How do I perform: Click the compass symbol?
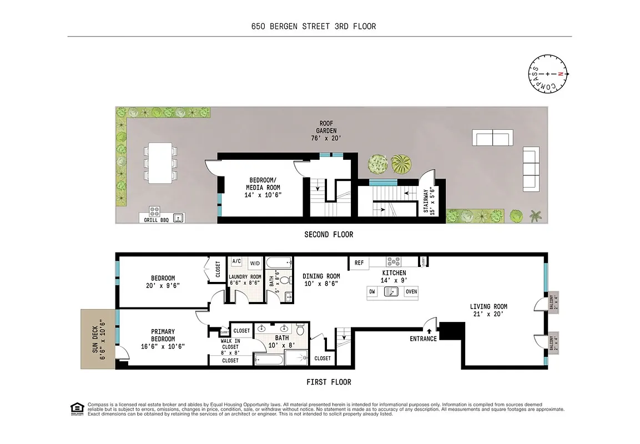(x=548, y=74)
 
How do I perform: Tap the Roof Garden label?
(x=325, y=129)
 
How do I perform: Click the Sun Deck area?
(x=98, y=339)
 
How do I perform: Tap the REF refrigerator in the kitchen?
(x=359, y=263)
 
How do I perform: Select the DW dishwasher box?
(x=373, y=292)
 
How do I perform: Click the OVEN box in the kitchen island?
(x=411, y=292)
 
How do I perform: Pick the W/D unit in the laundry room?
(x=255, y=263)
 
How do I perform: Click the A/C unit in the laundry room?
(x=236, y=261)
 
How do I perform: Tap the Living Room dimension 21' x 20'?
(x=488, y=314)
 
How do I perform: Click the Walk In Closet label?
(x=230, y=347)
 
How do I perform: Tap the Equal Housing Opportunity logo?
(x=75, y=408)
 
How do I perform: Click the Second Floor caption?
(x=329, y=235)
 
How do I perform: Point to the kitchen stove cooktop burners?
(x=394, y=261)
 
